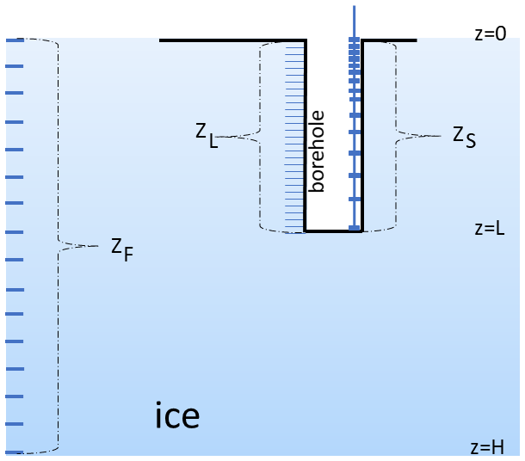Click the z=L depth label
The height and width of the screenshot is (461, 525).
point(491,230)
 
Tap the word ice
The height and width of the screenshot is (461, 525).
point(177,415)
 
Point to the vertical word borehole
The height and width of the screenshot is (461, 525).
point(318,151)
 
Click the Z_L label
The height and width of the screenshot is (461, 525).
point(206,134)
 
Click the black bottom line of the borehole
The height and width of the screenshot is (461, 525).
point(333,231)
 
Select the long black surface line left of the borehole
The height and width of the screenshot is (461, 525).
point(232,40)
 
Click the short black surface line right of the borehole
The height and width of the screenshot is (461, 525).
point(390,40)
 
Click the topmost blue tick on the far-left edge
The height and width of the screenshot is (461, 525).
point(14,40)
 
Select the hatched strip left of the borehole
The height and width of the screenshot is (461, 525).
point(295,138)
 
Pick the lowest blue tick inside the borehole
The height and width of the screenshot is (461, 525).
point(354,227)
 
